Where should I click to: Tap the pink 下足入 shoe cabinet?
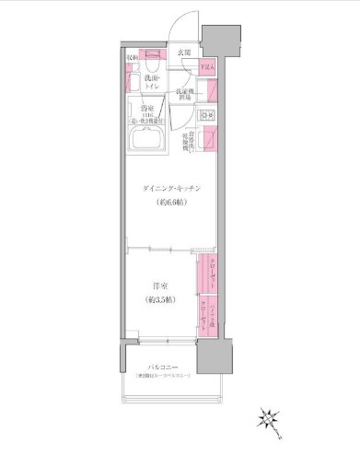tap(209, 66)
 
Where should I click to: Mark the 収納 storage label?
tap(132, 58)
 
